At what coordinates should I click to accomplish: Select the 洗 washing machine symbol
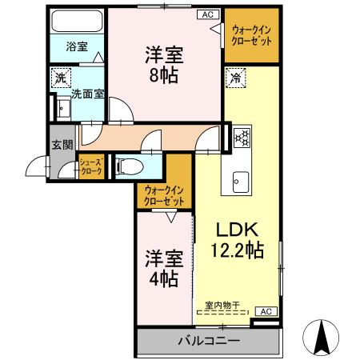(60, 78)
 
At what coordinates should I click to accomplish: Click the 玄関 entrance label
(62, 145)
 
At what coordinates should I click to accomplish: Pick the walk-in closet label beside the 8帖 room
(250, 34)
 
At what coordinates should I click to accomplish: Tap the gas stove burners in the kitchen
(242, 137)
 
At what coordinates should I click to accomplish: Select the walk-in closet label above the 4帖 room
(165, 195)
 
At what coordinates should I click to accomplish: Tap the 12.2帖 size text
(235, 250)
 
